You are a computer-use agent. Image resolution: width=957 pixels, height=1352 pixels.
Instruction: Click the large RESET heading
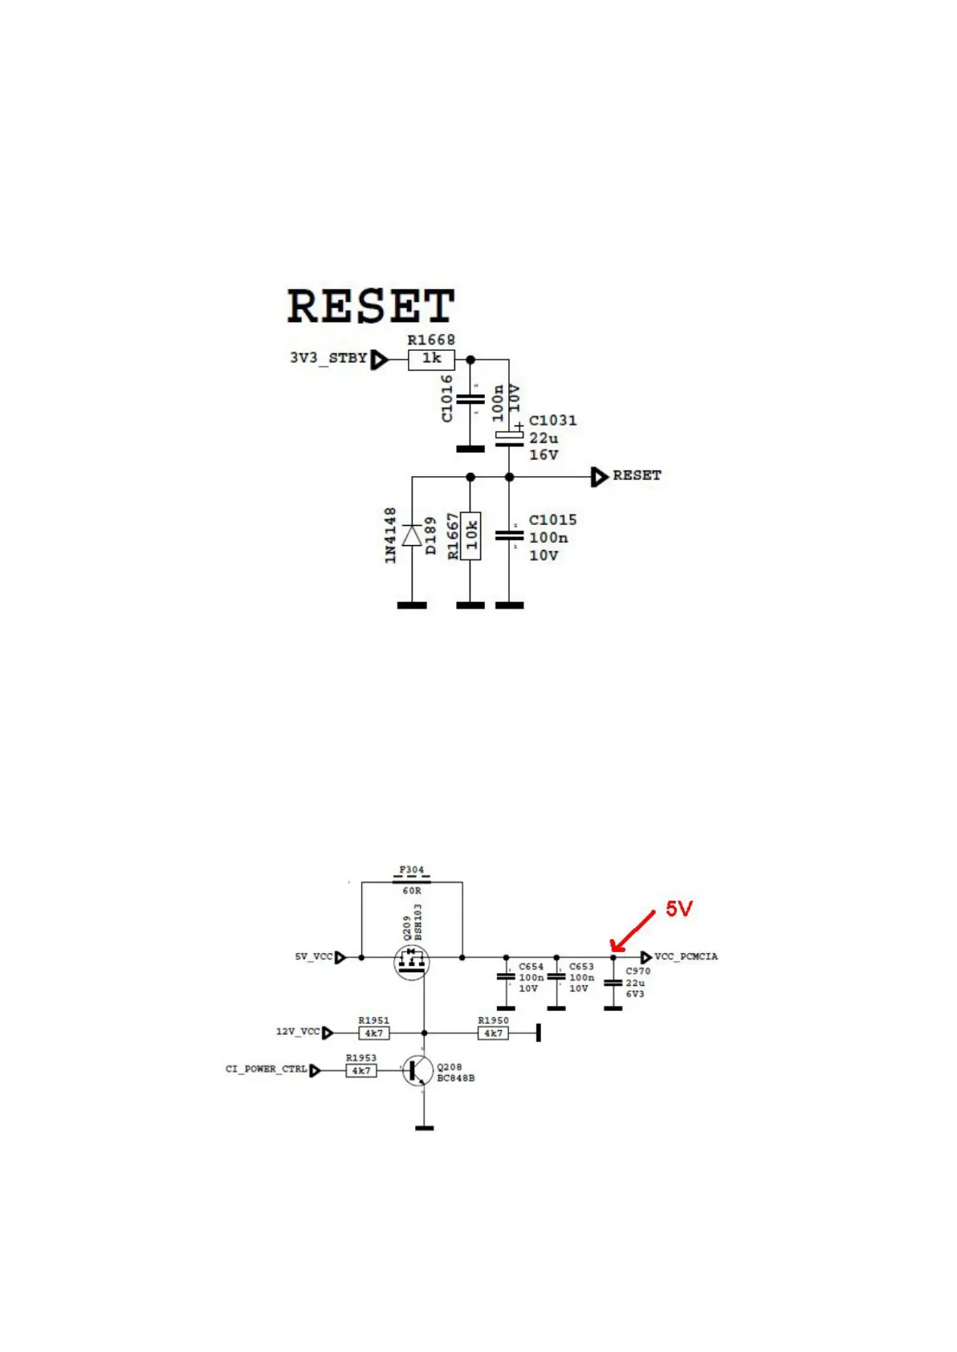pyautogui.click(x=371, y=306)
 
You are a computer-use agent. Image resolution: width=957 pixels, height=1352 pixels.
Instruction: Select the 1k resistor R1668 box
pyautogui.click(x=431, y=359)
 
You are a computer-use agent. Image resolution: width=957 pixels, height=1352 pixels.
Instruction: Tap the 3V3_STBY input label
pyautogui.click(x=328, y=358)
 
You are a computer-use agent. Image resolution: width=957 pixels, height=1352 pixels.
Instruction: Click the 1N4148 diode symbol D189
pyautogui.click(x=412, y=536)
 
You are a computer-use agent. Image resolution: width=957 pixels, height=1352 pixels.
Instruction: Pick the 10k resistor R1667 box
pyautogui.click(x=470, y=536)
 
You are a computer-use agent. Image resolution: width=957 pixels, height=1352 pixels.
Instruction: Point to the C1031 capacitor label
pyautogui.click(x=552, y=421)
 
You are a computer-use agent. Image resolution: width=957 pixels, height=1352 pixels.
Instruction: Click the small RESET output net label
pyautogui.click(x=637, y=476)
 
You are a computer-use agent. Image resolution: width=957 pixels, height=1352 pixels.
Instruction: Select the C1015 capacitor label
pyautogui.click(x=552, y=520)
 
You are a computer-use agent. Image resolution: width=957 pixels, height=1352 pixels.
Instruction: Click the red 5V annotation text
pyautogui.click(x=678, y=909)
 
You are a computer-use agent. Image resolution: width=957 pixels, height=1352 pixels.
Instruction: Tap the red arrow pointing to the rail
pyautogui.click(x=632, y=931)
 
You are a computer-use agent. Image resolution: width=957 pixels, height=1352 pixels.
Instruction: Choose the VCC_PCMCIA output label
pyautogui.click(x=686, y=957)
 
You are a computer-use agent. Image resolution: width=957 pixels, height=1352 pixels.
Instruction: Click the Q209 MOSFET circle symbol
pyautogui.click(x=412, y=961)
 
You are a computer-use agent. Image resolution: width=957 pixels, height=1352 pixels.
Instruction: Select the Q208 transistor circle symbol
pyautogui.click(x=418, y=1070)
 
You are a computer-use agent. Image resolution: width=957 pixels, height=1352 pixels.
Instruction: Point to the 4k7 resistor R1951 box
pyautogui.click(x=374, y=1033)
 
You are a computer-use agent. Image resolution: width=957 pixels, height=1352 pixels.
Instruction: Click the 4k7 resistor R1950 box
pyautogui.click(x=493, y=1033)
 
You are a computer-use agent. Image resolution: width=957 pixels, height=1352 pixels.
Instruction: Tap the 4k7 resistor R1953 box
pyautogui.click(x=361, y=1071)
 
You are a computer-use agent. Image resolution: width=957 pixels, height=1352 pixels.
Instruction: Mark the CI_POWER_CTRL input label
pyautogui.click(x=266, y=1069)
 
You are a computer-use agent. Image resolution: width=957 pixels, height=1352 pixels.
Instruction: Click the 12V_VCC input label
pyautogui.click(x=298, y=1032)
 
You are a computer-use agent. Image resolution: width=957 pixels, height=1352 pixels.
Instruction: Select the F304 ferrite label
pyautogui.click(x=412, y=869)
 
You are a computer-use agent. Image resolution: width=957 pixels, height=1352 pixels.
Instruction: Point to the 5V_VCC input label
pyautogui.click(x=313, y=957)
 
